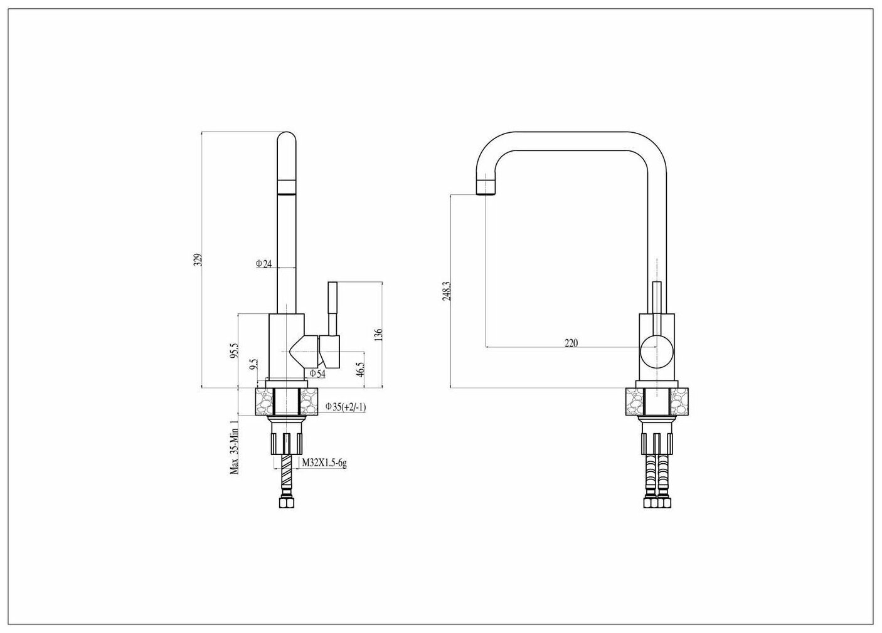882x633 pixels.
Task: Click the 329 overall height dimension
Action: coord(197,260)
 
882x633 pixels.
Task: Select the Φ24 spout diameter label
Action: coord(263,264)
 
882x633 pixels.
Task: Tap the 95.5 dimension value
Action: coord(234,350)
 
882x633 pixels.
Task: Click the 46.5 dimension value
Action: coord(360,369)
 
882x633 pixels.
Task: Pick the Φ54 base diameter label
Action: coord(317,374)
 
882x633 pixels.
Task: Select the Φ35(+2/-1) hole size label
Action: coord(345,407)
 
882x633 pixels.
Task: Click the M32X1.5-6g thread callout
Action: coord(324,463)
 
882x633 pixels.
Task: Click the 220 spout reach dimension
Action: coord(571,342)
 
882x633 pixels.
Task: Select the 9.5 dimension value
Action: coord(253,365)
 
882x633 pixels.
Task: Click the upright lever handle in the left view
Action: coord(332,308)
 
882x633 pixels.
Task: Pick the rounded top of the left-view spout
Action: coord(287,140)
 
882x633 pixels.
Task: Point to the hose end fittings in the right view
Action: coord(656,502)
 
